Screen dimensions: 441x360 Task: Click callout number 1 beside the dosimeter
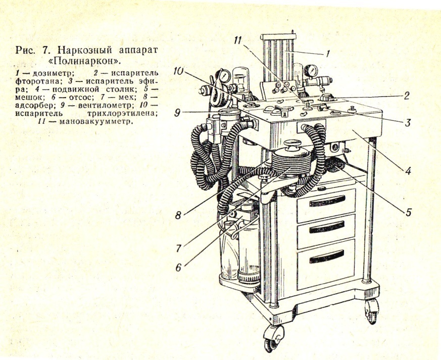coord(327,54)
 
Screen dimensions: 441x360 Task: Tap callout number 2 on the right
coord(407,96)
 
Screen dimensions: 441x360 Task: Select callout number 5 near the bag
coord(408,212)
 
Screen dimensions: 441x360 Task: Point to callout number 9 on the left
coord(177,113)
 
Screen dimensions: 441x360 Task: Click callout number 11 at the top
coord(238,41)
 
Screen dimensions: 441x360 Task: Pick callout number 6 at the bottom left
coord(178,267)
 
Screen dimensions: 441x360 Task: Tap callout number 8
coord(178,215)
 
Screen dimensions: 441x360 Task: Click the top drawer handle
coord(327,201)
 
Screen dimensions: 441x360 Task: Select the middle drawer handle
coord(326,227)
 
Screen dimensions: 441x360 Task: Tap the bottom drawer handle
coord(326,257)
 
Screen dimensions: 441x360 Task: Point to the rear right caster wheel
coord(372,311)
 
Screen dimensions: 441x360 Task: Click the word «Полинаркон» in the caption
coord(86,61)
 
